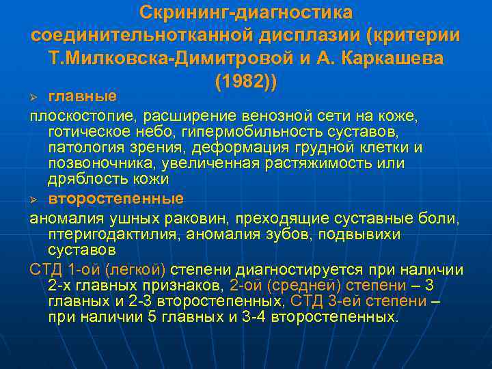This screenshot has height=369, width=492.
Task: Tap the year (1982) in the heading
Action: tap(246, 81)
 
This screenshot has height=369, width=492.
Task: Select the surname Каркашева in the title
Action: tap(385, 58)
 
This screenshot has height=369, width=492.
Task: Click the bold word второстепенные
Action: tap(115, 199)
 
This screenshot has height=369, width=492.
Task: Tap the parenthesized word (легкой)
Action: tap(137, 269)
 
